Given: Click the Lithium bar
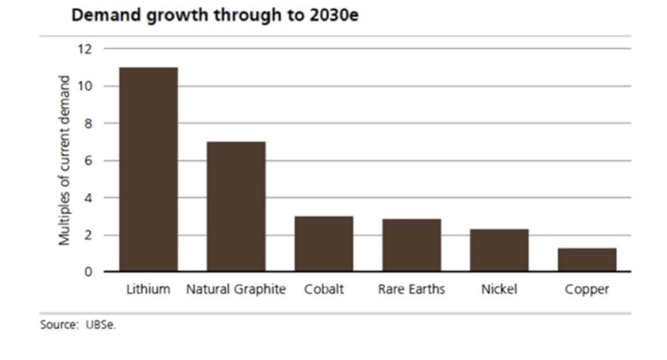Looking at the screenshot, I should (x=148, y=169).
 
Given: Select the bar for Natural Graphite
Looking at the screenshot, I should (x=236, y=206).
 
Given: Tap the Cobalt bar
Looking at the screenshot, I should (x=324, y=244).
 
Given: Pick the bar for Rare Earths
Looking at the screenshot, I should (x=411, y=245).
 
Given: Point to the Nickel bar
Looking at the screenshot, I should (x=499, y=250).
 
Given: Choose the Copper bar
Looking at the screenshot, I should (x=587, y=259).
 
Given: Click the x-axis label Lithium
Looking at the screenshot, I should (x=148, y=290).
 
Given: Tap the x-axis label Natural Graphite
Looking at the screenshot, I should (x=236, y=290).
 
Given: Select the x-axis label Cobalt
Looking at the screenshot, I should (x=324, y=290).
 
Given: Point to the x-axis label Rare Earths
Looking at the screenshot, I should (x=411, y=290).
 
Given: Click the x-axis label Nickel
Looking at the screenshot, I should (x=499, y=290).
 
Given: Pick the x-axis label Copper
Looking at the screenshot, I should (x=587, y=290).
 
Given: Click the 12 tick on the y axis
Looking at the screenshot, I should (x=85, y=49).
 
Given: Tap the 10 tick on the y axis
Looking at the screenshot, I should (x=85, y=86).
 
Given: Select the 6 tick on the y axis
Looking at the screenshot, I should (x=88, y=161).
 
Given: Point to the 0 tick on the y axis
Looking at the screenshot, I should (x=88, y=272).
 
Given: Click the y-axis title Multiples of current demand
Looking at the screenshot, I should (x=64, y=160).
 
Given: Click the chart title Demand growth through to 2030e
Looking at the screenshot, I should (x=215, y=15).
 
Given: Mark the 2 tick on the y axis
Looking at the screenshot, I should (x=88, y=235).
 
